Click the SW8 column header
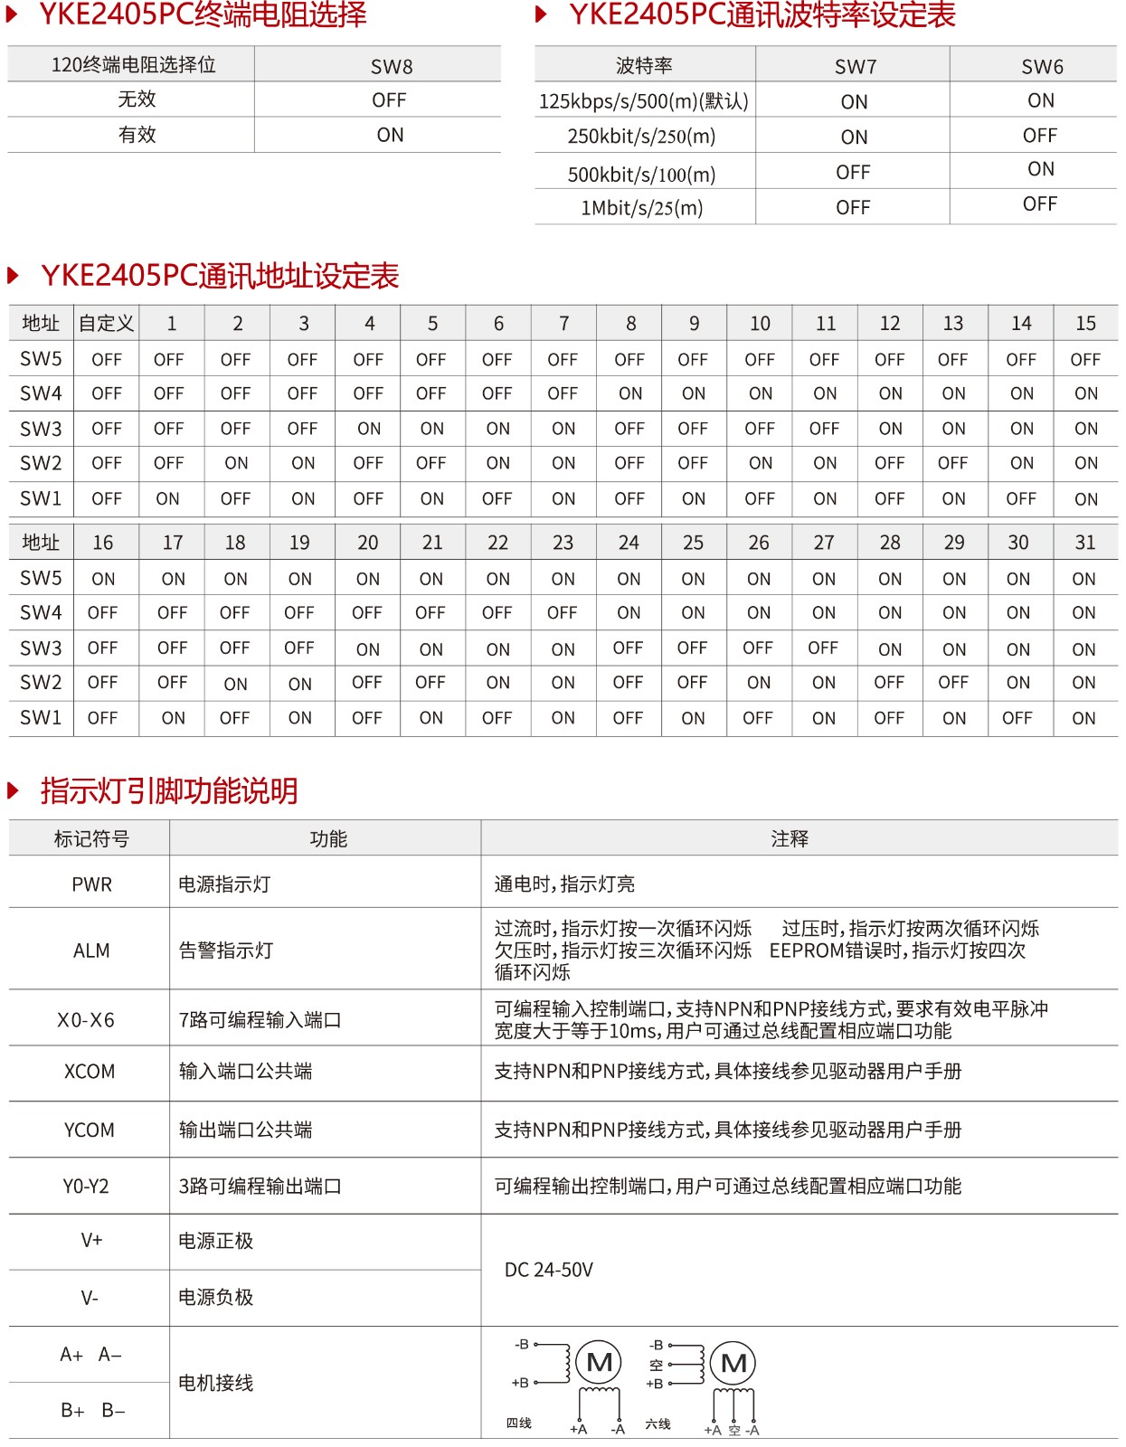coord(391,66)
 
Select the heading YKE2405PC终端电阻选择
coord(203,15)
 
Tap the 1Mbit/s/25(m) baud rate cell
coord(641,208)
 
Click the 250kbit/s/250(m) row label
coord(641,137)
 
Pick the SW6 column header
coord(1042,66)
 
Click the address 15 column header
coord(1085,324)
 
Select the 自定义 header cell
coord(106,324)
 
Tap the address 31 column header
coord(1084,543)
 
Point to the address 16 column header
coord(103,543)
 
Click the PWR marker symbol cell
coord(91,884)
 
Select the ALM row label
coord(91,950)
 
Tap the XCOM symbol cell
coord(90,1072)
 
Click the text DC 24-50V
coord(549,1270)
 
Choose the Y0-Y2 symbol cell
coord(86,1186)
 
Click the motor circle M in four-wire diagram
coord(600,1362)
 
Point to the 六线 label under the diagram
coord(658,1424)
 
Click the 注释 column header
coord(790,839)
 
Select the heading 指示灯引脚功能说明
coord(169,790)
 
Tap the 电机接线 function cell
coord(216,1383)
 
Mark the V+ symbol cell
coord(91,1241)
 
